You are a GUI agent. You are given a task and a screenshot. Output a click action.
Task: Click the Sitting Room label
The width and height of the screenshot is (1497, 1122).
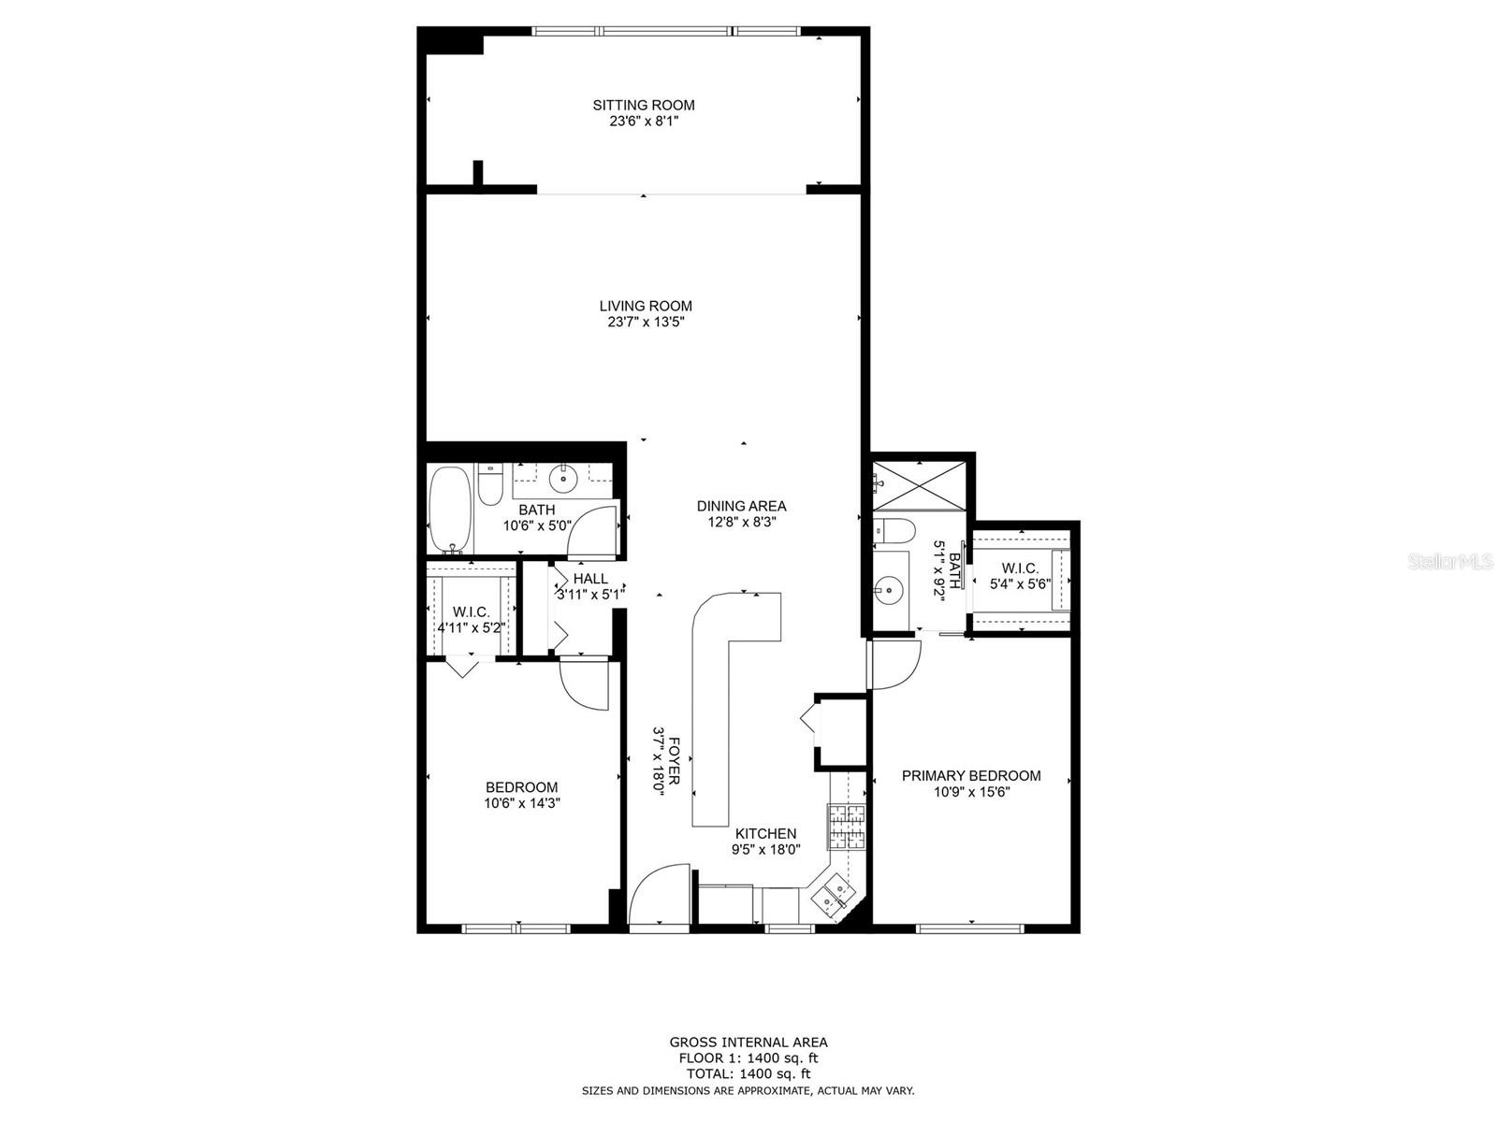(643, 105)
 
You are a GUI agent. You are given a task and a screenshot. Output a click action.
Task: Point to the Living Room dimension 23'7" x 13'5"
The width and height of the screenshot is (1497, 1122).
(646, 323)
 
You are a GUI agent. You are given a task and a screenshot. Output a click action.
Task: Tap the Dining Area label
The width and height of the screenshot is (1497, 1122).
(741, 506)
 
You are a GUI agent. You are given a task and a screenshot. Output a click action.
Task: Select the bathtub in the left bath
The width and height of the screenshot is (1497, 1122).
(449, 509)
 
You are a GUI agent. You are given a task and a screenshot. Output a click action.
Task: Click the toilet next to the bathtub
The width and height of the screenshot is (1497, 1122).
(489, 484)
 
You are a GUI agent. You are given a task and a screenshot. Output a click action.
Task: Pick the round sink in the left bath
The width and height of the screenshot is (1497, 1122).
(563, 478)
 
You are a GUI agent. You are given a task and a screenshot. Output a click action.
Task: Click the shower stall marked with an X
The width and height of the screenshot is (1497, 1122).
(920, 485)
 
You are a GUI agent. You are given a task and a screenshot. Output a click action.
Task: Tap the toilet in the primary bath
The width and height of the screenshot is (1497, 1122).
(894, 531)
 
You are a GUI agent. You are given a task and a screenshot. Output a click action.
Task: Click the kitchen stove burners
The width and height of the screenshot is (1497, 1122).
(846, 827)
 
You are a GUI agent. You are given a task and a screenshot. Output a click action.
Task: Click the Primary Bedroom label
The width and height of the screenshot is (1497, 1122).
(971, 775)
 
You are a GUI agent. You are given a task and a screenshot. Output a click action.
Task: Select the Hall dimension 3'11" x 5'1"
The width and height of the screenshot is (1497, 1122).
(590, 594)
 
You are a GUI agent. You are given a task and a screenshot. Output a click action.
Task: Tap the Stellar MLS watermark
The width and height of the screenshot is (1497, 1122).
(1450, 562)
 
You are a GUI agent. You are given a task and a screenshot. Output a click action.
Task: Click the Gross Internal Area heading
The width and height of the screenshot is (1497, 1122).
(748, 1042)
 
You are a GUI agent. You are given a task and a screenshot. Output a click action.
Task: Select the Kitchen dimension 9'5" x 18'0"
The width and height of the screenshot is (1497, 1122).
(766, 850)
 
